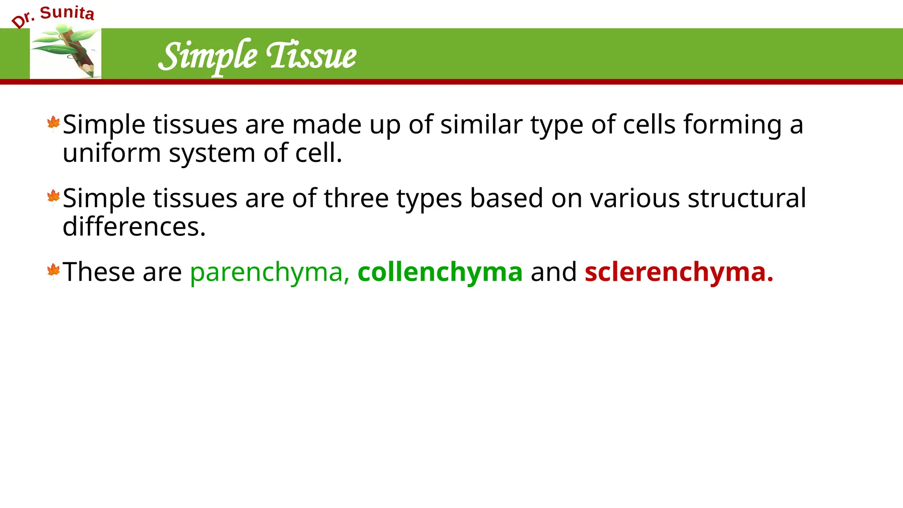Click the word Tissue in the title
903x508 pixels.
click(x=311, y=56)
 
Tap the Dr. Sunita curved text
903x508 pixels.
click(x=53, y=15)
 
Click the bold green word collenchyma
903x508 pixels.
click(x=440, y=272)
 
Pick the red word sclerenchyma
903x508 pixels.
click(x=679, y=272)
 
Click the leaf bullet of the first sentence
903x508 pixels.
click(x=53, y=123)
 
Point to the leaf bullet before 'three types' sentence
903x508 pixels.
click(x=53, y=197)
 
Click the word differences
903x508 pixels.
click(x=134, y=227)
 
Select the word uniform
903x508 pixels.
click(x=112, y=153)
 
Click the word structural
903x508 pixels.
click(x=746, y=198)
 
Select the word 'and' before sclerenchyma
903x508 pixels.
click(x=553, y=272)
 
